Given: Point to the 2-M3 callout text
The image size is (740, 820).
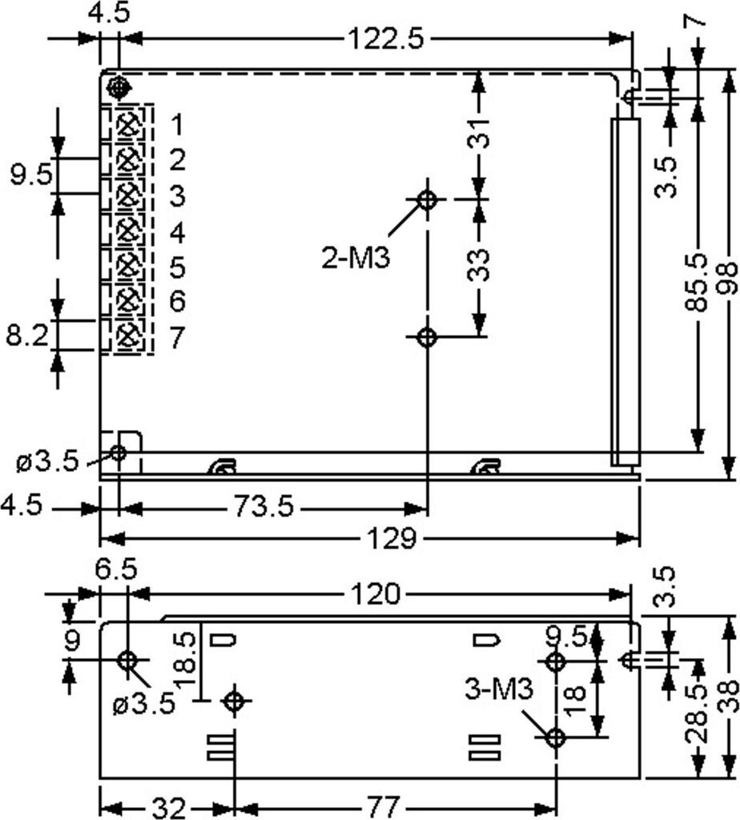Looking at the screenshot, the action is coord(356,259).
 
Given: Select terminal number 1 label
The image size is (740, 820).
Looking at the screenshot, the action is coord(177,125).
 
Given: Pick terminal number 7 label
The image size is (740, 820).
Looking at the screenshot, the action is coord(177,338).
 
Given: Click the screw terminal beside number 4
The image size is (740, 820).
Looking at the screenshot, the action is coord(126,231).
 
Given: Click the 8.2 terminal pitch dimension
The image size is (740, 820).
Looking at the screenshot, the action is coord(26,336).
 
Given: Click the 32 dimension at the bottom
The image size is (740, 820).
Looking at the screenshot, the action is coord(167,806).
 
